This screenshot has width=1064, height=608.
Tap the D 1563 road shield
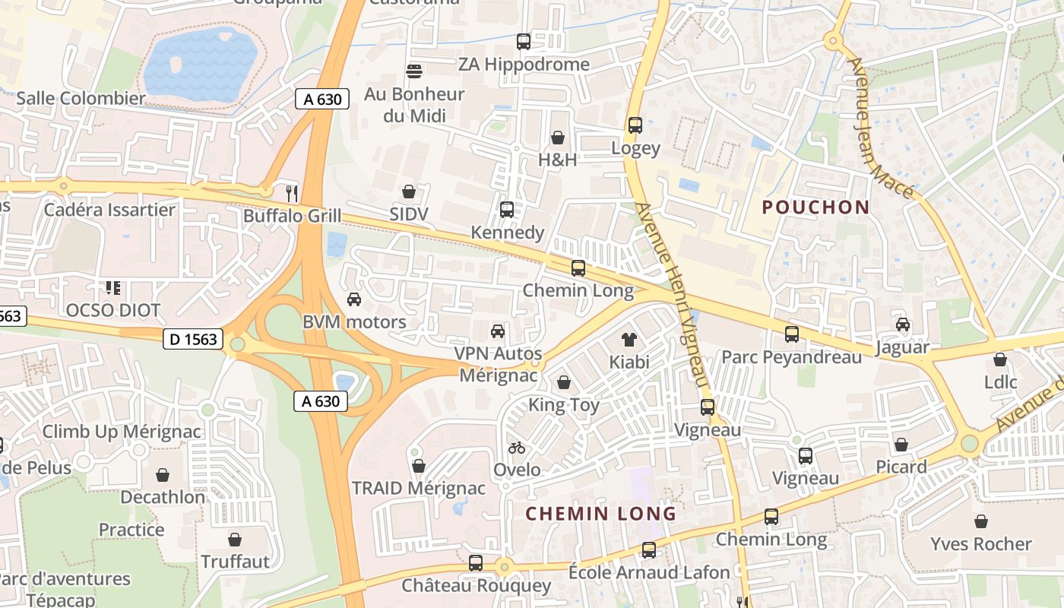pyautogui.click(x=193, y=340)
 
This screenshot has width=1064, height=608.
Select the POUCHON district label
pyautogui.click(x=815, y=207)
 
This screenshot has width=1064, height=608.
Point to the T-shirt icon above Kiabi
pyautogui.click(x=629, y=338)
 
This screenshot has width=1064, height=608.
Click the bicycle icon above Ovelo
pyautogui.click(x=517, y=448)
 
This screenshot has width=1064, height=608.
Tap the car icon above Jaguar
pyautogui.click(x=902, y=325)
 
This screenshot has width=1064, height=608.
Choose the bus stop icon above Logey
pyautogui.click(x=635, y=125)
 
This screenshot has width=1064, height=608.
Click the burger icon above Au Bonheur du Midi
pyautogui.click(x=414, y=71)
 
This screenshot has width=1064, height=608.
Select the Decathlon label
pyautogui.click(x=163, y=498)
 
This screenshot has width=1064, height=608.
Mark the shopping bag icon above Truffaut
pyautogui.click(x=235, y=540)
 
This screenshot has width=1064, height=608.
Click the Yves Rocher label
pyautogui.click(x=981, y=544)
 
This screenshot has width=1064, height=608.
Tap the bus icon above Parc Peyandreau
pyautogui.click(x=791, y=334)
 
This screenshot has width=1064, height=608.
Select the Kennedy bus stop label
pyautogui.click(x=507, y=233)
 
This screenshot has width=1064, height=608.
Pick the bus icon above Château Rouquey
pyautogui.click(x=475, y=563)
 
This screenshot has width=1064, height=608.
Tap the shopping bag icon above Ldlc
pyautogui.click(x=1000, y=359)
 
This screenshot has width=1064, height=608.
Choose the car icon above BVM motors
pyautogui.click(x=353, y=299)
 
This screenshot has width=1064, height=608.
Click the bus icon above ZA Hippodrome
pyautogui.click(x=523, y=42)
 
